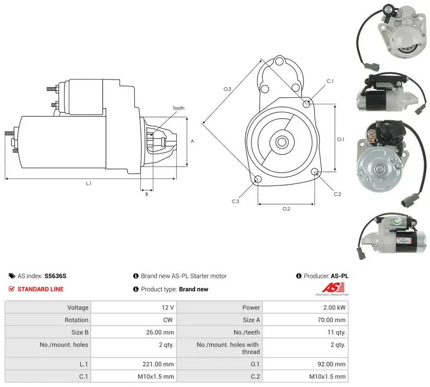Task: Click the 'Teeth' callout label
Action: pos(178,108)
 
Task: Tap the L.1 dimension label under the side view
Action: pos(89,183)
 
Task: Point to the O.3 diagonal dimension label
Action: pos(227,89)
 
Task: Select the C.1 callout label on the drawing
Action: pos(330,81)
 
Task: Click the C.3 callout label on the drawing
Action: pos(235,202)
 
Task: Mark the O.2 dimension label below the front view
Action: pos(286,209)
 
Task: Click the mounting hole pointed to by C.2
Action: pos(315,172)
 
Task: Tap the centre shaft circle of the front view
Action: pos(281,142)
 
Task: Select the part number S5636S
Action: pos(55,276)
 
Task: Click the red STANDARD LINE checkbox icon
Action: pos(11,289)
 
